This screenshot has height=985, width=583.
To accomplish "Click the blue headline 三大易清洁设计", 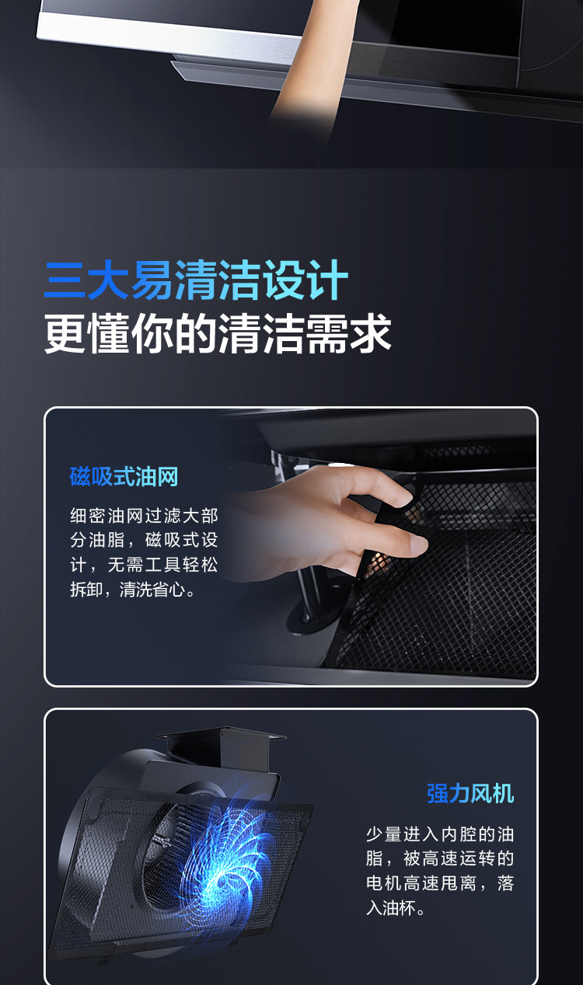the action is click(x=196, y=280).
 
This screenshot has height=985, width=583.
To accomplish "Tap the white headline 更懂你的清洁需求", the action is click(x=218, y=334).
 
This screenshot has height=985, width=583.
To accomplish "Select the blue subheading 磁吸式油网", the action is click(x=124, y=477).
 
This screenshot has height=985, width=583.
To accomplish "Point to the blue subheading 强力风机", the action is click(x=470, y=794).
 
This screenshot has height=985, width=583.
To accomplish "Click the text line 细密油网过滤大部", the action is click(x=144, y=516).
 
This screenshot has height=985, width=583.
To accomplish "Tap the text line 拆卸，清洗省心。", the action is click(x=132, y=590).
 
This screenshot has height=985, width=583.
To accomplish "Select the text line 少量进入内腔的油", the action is click(x=440, y=834).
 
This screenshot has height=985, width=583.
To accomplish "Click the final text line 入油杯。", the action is click(x=396, y=908).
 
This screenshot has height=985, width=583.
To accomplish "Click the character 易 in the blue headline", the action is click(x=152, y=280).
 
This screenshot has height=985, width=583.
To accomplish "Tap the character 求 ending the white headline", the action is click(x=371, y=334).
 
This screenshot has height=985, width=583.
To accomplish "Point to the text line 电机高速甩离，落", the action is click(x=440, y=883).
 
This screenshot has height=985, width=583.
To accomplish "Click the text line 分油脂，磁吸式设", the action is click(x=144, y=541).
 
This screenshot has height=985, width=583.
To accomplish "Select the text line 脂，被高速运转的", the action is click(x=440, y=859).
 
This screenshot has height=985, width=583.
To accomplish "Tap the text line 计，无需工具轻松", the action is click(x=144, y=565).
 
